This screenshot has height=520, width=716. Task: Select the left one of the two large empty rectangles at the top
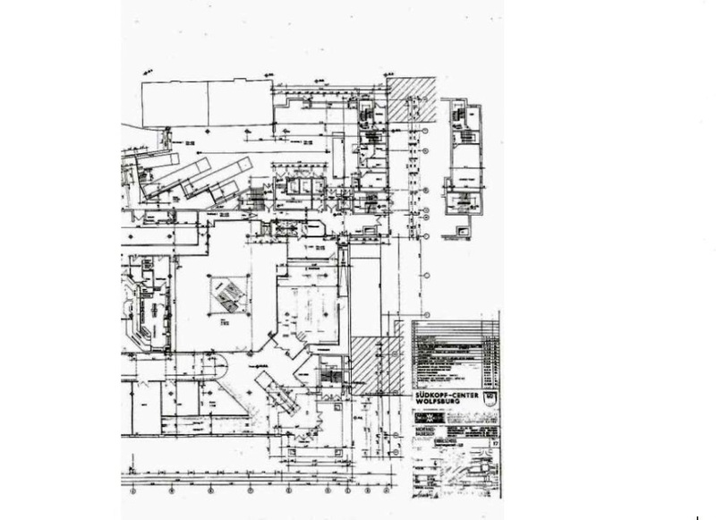pyautogui.click(x=175, y=103)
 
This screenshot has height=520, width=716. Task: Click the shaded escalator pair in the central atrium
pyautogui.click(x=227, y=294)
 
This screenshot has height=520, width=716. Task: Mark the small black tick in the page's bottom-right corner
pyautogui.click(x=696, y=516)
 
